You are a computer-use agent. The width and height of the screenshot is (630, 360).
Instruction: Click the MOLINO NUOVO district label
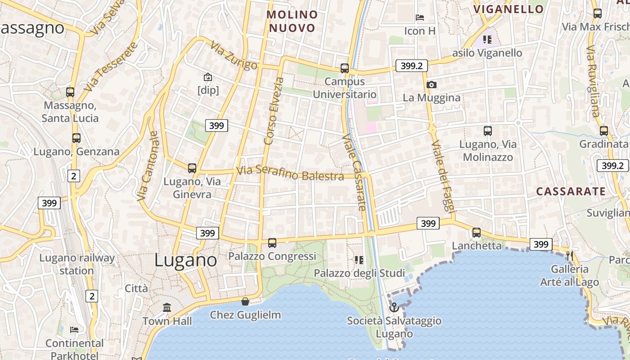point(292,21)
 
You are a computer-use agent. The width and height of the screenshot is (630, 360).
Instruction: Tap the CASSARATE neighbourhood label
point(571,191)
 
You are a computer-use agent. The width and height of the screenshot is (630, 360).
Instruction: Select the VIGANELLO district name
point(508,9)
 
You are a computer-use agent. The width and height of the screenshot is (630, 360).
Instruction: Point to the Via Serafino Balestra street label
point(290,173)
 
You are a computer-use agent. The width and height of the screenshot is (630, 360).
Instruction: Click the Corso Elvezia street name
point(274,111)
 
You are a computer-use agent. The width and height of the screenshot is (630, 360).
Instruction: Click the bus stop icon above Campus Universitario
point(345,68)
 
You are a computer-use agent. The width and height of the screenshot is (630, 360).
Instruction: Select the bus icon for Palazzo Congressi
point(272,243)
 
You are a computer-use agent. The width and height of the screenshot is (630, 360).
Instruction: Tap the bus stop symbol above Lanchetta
point(477,233)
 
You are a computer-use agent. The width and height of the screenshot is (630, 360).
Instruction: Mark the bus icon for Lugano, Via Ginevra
point(192,168)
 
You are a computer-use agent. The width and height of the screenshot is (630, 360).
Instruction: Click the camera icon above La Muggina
point(432,85)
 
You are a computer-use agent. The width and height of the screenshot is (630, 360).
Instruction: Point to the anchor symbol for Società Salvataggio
point(394,307)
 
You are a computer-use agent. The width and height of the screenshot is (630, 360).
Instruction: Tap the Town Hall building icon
point(167,308)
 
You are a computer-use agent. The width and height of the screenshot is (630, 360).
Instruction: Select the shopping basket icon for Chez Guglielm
point(245,301)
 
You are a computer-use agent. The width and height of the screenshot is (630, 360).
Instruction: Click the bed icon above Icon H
point(420,18)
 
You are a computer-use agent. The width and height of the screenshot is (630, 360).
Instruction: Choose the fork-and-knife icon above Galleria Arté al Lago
point(570,256)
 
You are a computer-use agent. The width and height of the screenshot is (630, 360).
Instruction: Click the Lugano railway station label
point(77,264)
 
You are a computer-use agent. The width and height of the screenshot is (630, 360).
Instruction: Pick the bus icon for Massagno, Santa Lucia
point(70,92)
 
